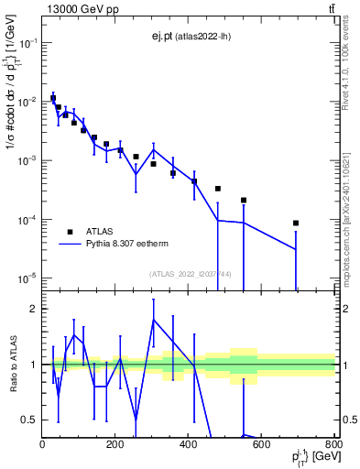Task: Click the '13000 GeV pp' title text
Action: coord(78,9)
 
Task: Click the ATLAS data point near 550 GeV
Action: coord(244,200)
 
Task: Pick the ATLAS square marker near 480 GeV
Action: coord(218,189)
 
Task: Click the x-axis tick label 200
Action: coord(115,445)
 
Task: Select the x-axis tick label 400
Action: coord(189,445)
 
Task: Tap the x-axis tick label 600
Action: coord(262,445)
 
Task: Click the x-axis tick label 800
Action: coord(333,445)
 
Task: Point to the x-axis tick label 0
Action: coord(43,445)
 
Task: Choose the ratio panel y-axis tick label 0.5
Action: coord(29,420)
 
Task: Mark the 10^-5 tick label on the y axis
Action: coord(27,278)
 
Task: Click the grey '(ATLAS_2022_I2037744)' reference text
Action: coord(191,274)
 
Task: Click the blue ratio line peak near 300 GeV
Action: coord(153,320)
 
